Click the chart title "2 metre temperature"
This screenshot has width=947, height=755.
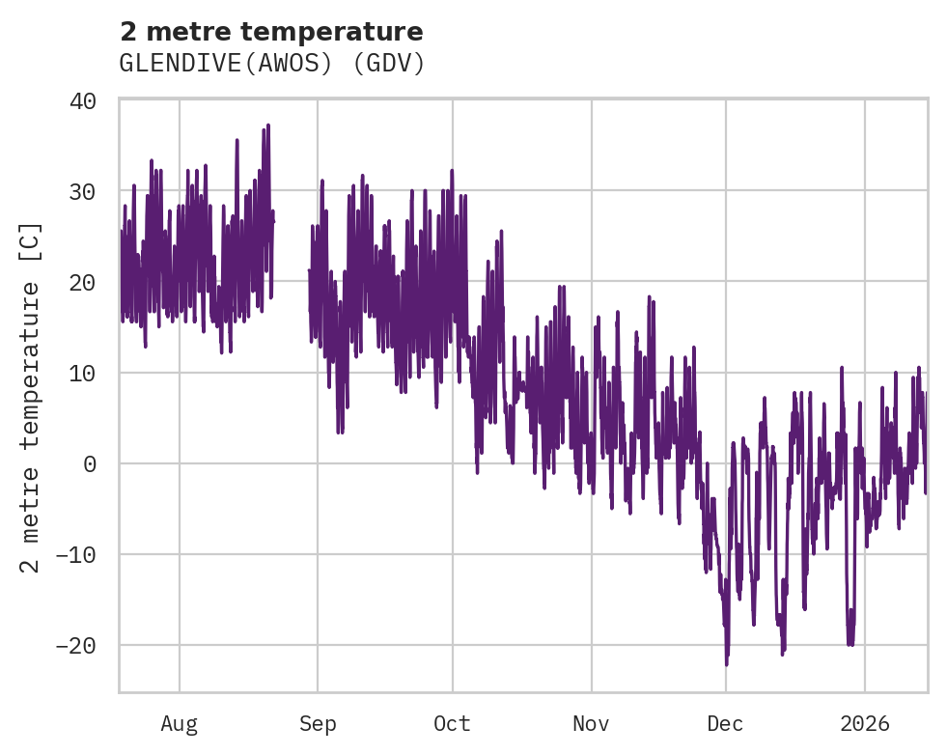[x=271, y=32]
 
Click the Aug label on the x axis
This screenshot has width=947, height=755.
[x=180, y=723]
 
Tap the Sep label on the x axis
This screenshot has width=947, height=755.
[x=318, y=723]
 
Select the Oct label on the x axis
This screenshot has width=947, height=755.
[x=452, y=723]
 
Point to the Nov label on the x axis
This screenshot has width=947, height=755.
[x=591, y=723]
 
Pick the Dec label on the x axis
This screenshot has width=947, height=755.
[x=726, y=723]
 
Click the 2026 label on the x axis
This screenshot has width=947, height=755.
[x=865, y=723]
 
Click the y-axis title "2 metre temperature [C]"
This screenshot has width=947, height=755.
[x=32, y=396]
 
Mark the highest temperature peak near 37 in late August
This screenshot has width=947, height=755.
[x=267, y=126]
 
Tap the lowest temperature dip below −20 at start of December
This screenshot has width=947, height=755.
[x=726, y=663]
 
